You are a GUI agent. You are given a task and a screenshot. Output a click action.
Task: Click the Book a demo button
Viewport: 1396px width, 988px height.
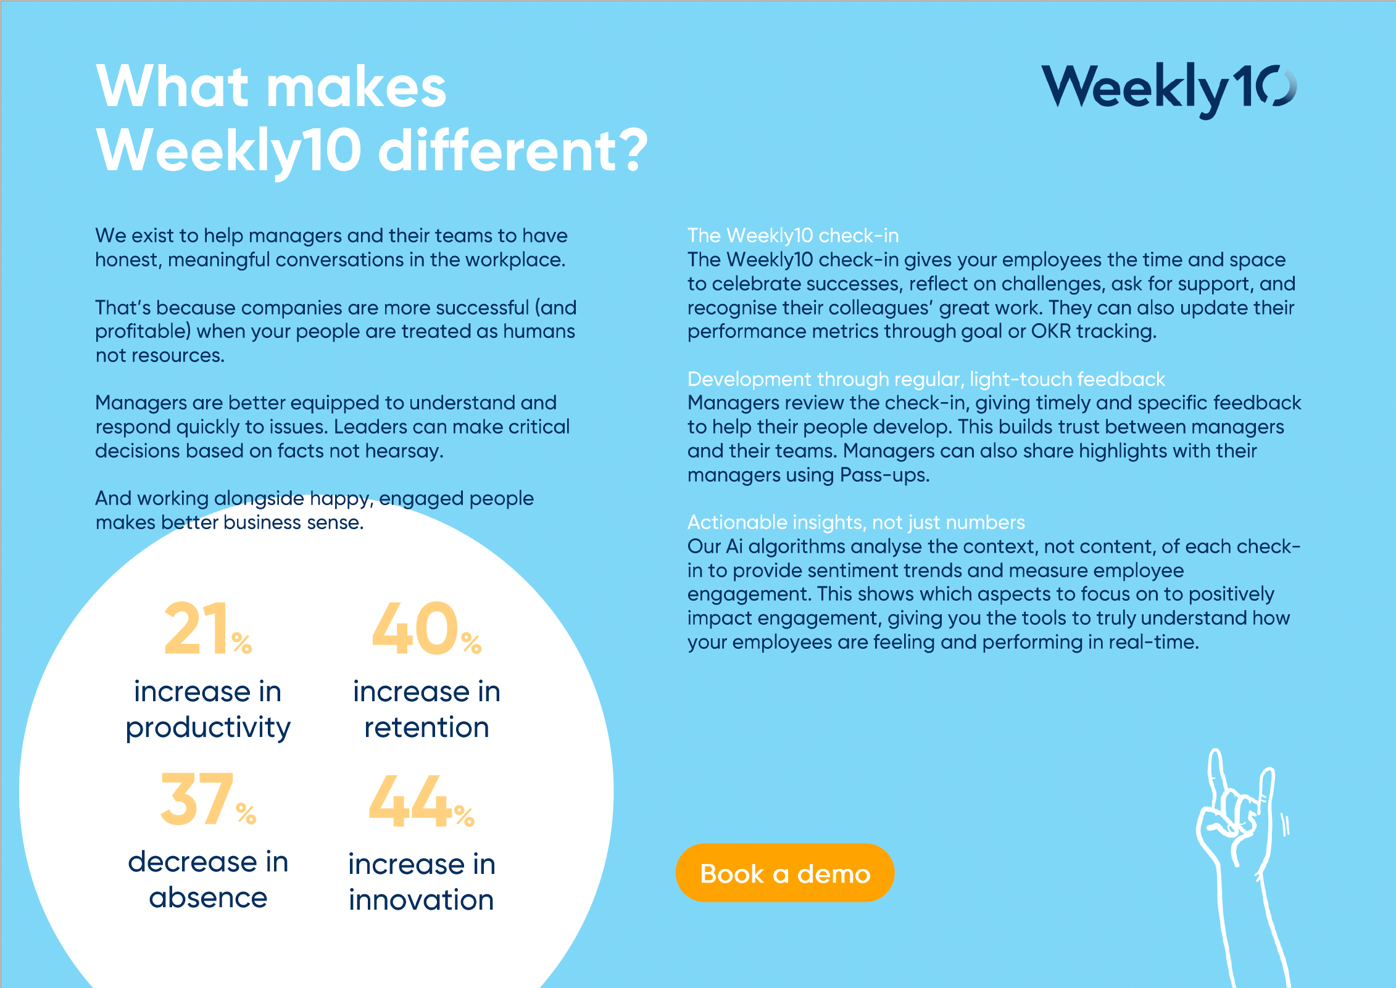[x=784, y=873]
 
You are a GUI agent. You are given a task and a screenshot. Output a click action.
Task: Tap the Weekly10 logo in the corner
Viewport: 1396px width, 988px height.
[x=1169, y=89]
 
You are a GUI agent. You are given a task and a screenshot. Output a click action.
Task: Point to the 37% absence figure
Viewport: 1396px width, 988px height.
[x=208, y=799]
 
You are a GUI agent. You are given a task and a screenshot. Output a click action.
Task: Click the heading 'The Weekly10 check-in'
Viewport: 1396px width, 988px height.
[x=793, y=236]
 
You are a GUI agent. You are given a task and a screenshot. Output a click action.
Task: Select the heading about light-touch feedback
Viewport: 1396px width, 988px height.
[x=926, y=379]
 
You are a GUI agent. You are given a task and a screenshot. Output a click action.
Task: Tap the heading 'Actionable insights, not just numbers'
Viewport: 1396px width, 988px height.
[x=856, y=522]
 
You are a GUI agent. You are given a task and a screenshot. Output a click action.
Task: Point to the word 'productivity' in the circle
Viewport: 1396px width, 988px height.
[x=208, y=728]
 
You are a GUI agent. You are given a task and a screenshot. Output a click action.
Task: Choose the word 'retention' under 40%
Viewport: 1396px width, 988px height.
[x=426, y=728]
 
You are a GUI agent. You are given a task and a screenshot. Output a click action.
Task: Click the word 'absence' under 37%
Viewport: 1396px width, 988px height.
[x=208, y=897]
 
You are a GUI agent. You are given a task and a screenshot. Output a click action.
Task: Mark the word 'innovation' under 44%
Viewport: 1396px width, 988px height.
[x=422, y=900]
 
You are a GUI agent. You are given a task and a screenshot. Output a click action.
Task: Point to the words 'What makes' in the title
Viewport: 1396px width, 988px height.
[x=272, y=86]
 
